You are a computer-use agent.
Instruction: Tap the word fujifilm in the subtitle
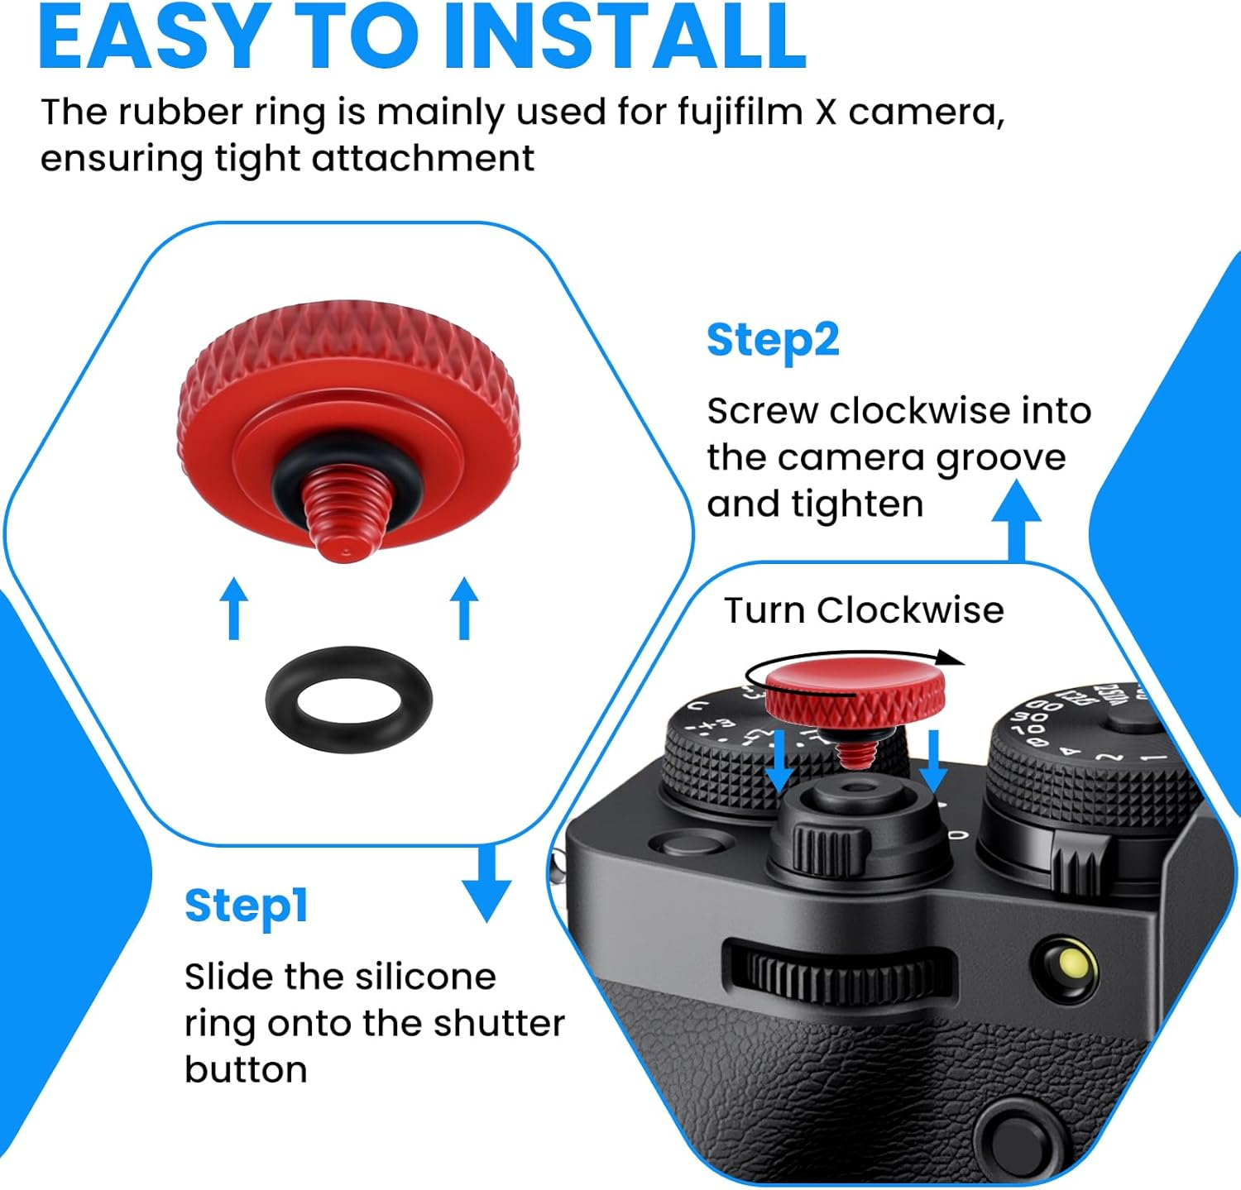point(740,112)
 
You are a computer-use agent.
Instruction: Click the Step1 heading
point(246,906)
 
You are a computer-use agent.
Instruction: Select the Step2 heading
point(773,341)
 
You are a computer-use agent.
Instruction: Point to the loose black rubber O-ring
point(348,700)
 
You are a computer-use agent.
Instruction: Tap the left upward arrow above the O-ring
point(234,608)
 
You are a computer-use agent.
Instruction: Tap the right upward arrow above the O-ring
point(464,608)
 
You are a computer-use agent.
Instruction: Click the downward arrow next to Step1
point(486,885)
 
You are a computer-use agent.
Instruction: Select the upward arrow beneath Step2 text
point(1017,521)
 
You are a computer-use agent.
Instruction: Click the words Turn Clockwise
point(864,610)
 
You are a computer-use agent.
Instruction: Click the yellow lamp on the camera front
point(1071,963)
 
